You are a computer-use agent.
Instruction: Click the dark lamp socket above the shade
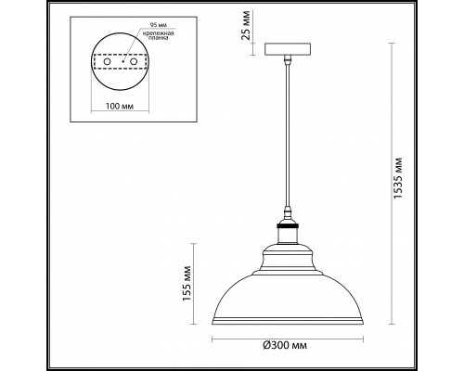pos(289,231)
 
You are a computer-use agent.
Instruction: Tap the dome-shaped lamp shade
pos(289,288)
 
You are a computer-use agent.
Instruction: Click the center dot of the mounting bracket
pos(120,71)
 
